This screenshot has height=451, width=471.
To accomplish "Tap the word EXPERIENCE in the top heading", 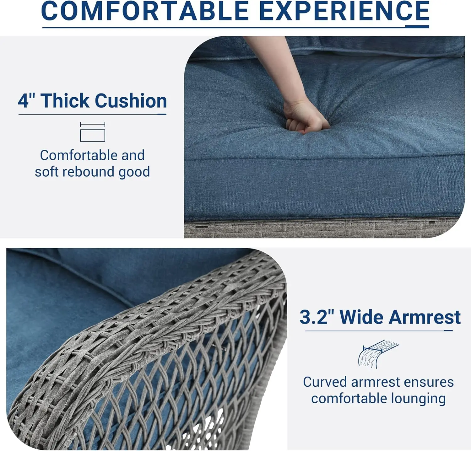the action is click(344, 11).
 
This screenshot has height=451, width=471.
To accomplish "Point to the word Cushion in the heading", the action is click(131, 101).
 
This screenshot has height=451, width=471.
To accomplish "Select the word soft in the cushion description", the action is click(46, 172).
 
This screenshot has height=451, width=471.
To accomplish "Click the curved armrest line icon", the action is click(378, 354).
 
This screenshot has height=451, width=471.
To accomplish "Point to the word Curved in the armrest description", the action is click(325, 382).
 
